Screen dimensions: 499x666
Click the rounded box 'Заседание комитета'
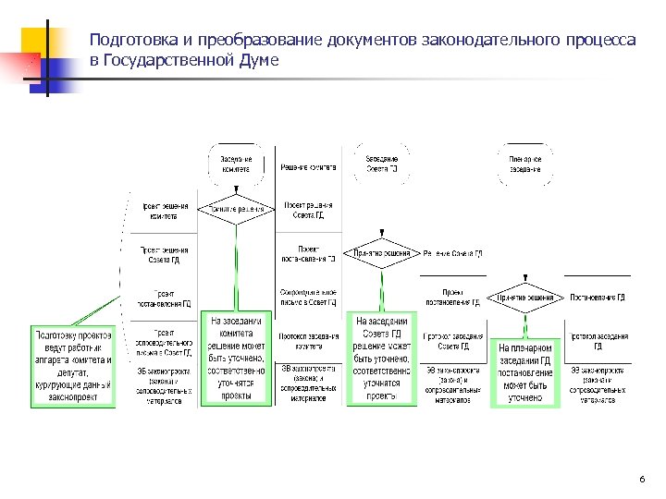237,164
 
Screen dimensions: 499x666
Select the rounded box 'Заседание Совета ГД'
382,164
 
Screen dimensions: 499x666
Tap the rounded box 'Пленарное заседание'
524,164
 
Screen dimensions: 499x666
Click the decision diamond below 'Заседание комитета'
237,209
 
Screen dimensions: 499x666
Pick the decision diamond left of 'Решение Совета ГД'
382,252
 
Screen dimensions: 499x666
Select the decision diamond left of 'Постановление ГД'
524,297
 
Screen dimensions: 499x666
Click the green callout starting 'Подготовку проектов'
74,366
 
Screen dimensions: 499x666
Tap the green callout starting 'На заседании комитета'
237,358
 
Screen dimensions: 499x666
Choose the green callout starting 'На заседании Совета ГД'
382,358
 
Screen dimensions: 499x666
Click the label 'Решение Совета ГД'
452,253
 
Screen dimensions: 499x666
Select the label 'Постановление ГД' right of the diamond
598,298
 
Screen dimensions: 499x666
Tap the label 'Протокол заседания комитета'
309,341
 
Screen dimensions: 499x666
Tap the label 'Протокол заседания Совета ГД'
452,341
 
